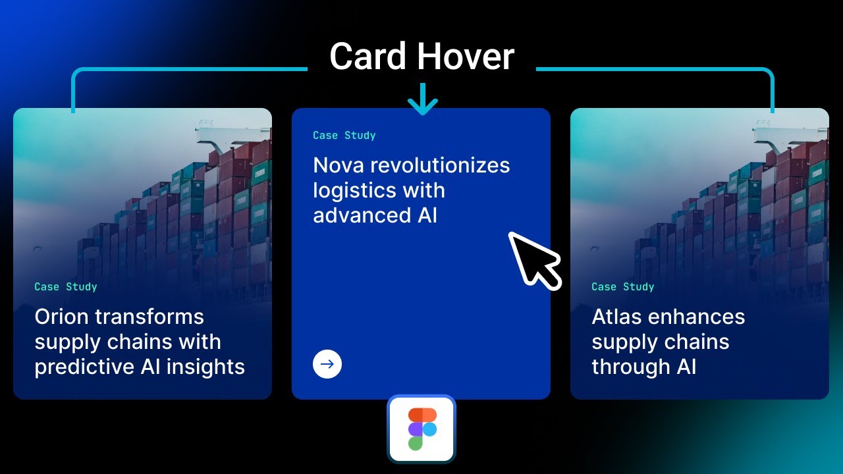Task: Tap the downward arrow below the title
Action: tap(422, 99)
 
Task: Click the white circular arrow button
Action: tap(327, 364)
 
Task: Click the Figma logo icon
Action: tap(421, 429)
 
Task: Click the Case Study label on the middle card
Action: tap(344, 136)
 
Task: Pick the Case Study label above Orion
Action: tap(66, 287)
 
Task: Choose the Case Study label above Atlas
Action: tap(623, 287)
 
